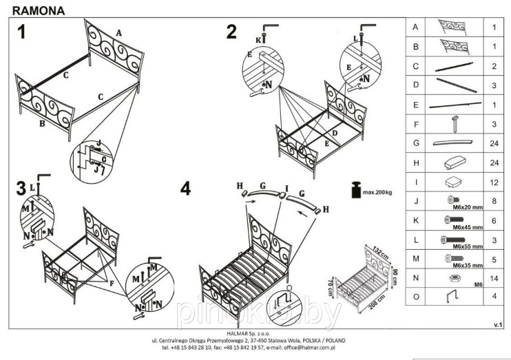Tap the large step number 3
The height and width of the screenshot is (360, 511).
point(21,188)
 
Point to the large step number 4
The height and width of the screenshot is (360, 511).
point(185,189)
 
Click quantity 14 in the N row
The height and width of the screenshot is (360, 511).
point(494,280)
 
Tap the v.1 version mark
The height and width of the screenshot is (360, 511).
point(497,323)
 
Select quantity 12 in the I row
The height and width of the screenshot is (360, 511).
point(494,182)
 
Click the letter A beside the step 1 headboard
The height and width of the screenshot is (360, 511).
point(118,32)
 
